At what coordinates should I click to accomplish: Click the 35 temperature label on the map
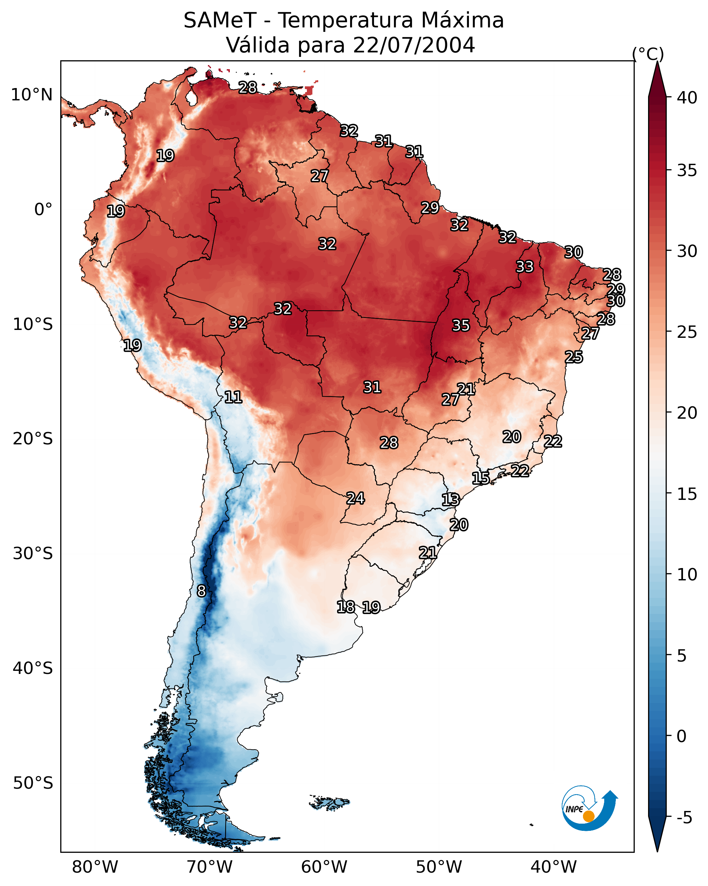click(461, 325)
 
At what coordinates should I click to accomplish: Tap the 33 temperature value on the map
click(525, 267)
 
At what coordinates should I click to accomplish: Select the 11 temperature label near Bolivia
click(233, 397)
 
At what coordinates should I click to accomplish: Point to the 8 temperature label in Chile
click(201, 591)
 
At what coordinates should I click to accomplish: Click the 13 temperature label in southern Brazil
click(450, 500)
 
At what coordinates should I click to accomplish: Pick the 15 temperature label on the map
click(480, 478)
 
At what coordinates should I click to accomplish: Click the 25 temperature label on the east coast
click(574, 357)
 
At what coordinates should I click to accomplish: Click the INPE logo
click(590, 808)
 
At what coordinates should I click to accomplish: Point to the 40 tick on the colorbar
click(687, 98)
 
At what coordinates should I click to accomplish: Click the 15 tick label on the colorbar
click(687, 494)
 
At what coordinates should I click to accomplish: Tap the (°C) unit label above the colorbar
click(648, 54)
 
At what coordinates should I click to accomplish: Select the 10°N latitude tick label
click(32, 95)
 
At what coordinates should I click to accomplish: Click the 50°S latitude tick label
click(33, 783)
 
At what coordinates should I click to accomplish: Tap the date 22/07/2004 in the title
click(414, 45)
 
